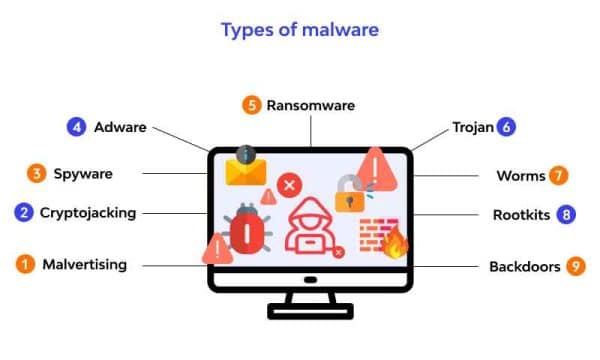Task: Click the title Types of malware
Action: (x=299, y=30)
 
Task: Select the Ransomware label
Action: (x=310, y=104)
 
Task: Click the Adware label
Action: (x=120, y=127)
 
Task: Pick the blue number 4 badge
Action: (x=76, y=127)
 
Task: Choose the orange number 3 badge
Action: (x=36, y=174)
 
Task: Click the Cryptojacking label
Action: (x=102, y=212)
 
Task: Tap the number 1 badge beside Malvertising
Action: (x=23, y=265)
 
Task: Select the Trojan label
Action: (x=473, y=127)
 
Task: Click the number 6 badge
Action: (x=507, y=127)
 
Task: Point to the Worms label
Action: (x=521, y=176)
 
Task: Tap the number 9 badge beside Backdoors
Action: (x=575, y=266)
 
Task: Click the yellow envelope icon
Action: (x=244, y=170)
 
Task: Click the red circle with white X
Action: (x=290, y=184)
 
